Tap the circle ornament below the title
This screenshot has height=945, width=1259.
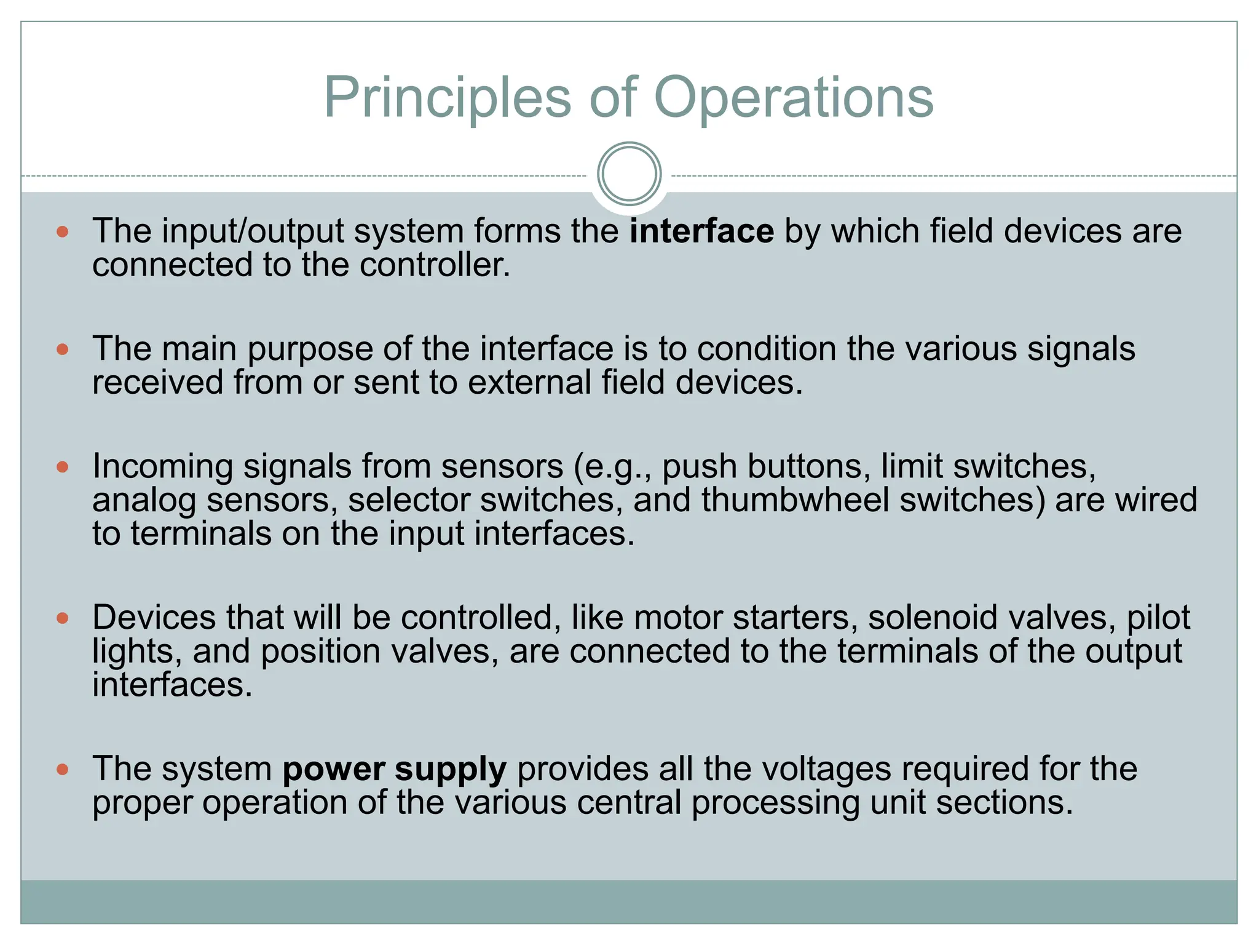point(629,174)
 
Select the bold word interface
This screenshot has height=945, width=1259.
point(701,231)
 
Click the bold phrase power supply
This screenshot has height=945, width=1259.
point(394,769)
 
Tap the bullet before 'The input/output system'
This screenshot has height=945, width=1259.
point(62,232)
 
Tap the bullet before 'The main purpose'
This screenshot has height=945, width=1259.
point(62,349)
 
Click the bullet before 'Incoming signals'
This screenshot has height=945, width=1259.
point(62,467)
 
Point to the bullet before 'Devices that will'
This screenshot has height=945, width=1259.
point(62,618)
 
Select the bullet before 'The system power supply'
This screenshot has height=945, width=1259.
point(62,769)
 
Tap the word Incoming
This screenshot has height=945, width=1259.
point(162,467)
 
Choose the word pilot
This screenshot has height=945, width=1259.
point(1158,618)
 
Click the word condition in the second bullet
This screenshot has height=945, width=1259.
point(766,349)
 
